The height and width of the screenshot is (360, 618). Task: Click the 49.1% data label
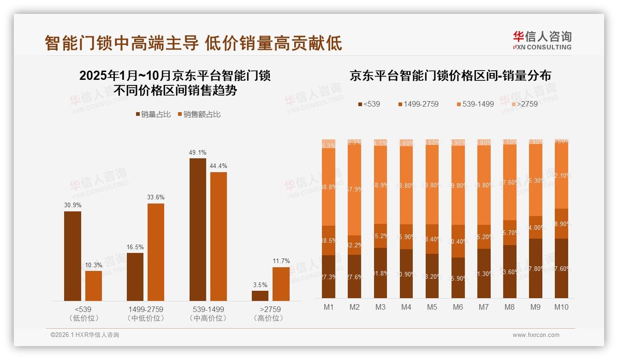pos(197,152)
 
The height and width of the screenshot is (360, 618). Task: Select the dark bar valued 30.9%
pos(72,256)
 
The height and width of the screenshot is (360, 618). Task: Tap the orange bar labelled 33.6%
pos(156,252)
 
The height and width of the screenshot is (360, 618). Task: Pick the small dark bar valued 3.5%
pos(260,295)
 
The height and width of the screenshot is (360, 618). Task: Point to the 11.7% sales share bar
pos(281,284)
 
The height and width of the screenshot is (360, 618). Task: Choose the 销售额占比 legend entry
pos(199,114)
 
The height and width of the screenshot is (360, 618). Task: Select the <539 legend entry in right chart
pos(369,104)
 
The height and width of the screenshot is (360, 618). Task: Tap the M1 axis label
pos(328,307)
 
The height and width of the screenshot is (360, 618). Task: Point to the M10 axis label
pos(561,307)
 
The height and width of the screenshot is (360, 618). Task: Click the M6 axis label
pos(458,307)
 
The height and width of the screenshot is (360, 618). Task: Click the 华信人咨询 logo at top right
pos(542,40)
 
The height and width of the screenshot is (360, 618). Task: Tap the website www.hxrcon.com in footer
pos(536,335)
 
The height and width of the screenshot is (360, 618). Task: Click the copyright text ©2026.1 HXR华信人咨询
pos(85,335)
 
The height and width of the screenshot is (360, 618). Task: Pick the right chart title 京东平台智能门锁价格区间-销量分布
pos(450,76)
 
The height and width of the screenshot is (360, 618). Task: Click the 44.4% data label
pos(219,166)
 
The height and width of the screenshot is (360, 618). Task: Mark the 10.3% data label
pos(94,265)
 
